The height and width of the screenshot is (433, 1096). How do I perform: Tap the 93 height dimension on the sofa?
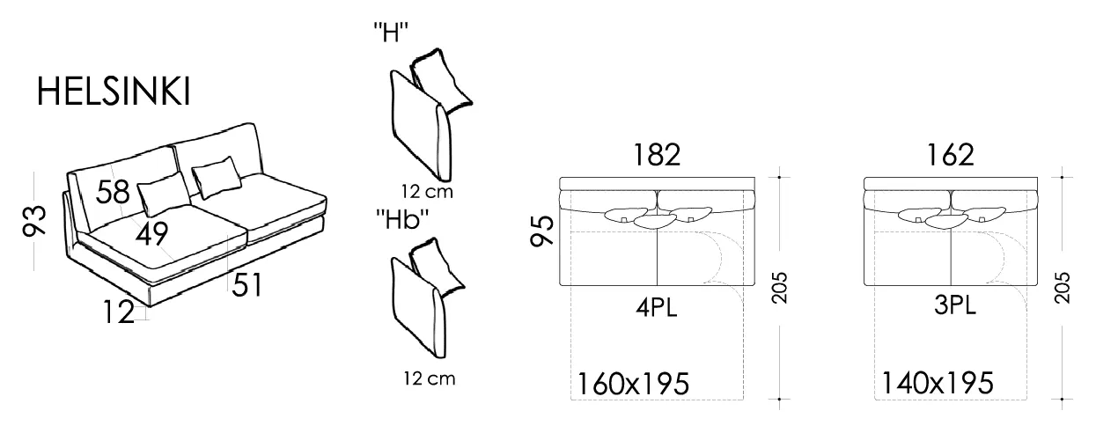pos(34,220)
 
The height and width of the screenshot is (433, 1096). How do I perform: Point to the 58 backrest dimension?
pos(113,191)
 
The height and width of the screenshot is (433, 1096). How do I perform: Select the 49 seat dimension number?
pos(151,233)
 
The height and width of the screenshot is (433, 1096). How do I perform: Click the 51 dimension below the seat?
pos(247,285)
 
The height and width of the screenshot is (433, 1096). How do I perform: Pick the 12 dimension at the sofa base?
pos(119,312)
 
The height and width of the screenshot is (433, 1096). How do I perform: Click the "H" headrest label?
pos(391,33)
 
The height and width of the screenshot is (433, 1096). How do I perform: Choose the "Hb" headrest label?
pos(402,220)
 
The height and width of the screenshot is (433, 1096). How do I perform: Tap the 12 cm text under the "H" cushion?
pos(427,191)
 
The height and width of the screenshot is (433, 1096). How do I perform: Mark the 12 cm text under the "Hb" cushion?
pos(429,378)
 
